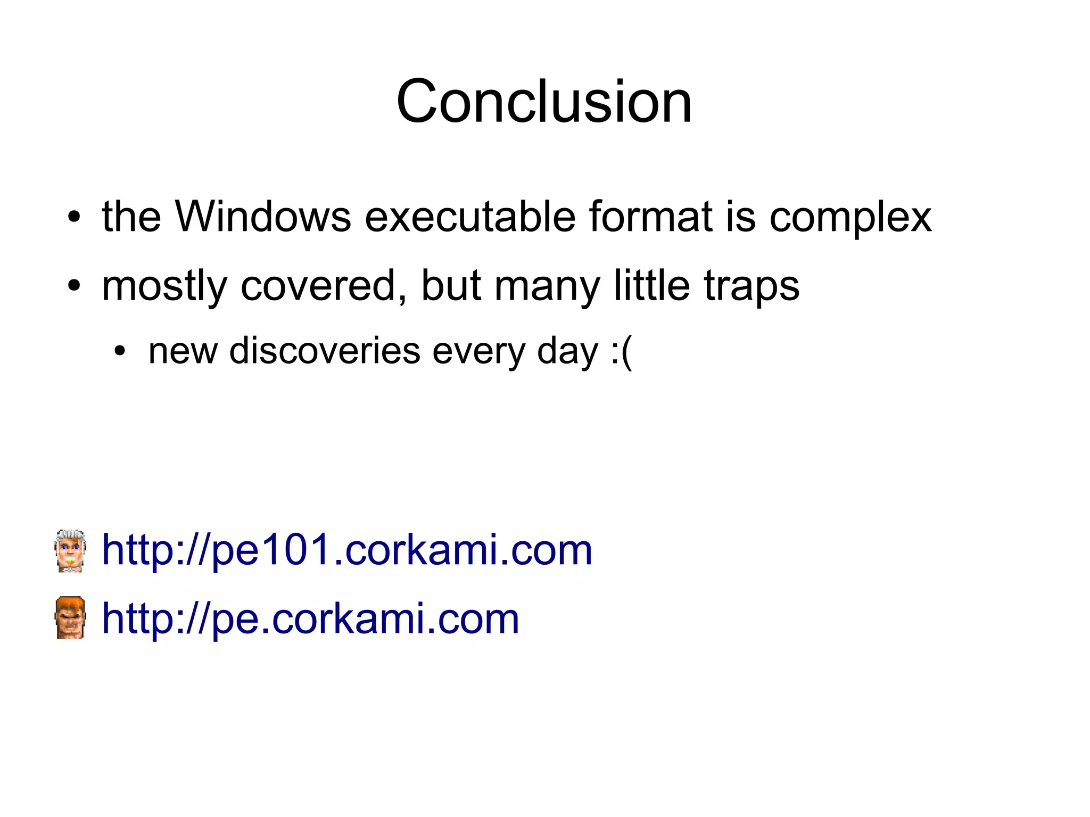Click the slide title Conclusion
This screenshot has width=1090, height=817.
click(x=544, y=101)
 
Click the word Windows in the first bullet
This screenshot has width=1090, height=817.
click(x=263, y=217)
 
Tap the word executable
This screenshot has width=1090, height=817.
click(x=470, y=217)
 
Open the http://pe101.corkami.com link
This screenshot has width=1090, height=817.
click(x=346, y=550)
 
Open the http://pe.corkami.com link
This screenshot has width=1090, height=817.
click(x=310, y=618)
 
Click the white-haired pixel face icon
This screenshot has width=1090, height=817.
click(x=70, y=550)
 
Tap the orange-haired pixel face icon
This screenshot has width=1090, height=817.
click(x=70, y=617)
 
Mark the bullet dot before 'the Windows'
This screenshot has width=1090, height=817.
click(x=74, y=218)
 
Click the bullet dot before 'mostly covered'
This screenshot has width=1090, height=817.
click(x=74, y=286)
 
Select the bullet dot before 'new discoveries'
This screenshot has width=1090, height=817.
click(x=120, y=352)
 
